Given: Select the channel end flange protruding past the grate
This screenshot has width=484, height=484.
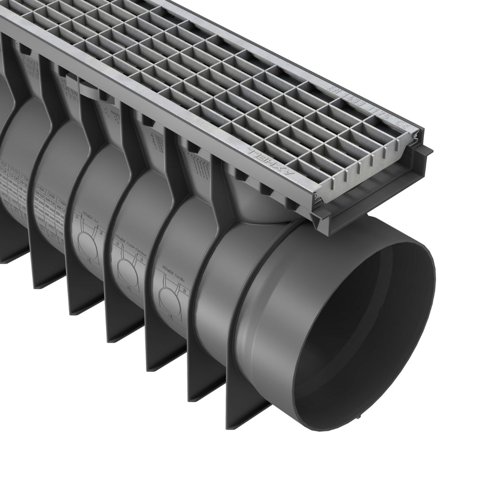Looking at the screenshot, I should point(378,189).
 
